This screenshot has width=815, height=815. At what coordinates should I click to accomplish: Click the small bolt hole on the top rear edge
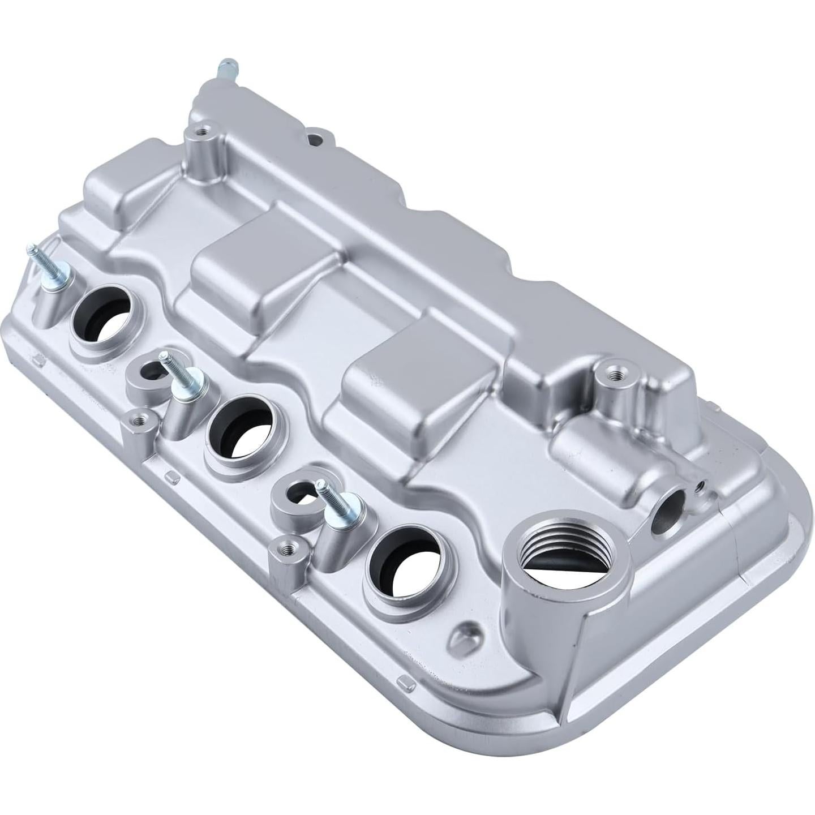click(x=315, y=137)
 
